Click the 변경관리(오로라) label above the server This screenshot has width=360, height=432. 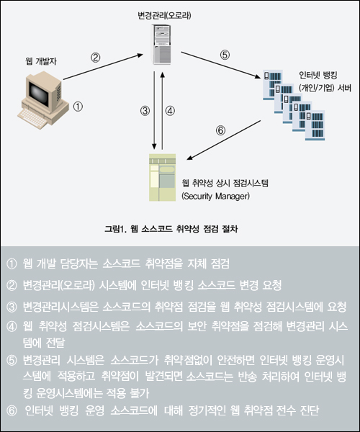tap(164, 15)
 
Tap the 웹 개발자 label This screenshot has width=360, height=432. tap(41, 61)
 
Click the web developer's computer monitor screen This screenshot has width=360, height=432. tap(39, 91)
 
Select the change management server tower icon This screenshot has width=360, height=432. tap(161, 45)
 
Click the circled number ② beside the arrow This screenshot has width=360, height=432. tap(95, 58)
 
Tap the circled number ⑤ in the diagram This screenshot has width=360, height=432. tap(225, 55)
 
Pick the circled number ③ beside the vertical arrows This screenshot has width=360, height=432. tap(145, 111)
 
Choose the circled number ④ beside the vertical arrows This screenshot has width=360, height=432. tap(170, 111)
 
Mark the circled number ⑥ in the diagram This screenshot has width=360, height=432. tap(220, 130)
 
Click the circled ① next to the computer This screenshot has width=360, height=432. tap(78, 107)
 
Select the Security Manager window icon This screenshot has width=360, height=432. tap(162, 177)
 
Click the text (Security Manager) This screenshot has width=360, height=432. tap(216, 196)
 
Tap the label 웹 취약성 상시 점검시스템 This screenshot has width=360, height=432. tap(225, 183)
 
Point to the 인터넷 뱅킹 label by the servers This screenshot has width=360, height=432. tap(318, 75)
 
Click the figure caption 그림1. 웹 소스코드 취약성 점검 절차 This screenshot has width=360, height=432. tap(171, 229)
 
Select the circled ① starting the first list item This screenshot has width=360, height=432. tap(12, 264)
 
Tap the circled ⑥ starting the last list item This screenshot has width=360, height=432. tap(12, 410)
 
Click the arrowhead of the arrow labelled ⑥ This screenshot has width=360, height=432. tap(189, 158)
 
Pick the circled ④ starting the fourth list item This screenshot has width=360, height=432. tap(12, 327)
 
